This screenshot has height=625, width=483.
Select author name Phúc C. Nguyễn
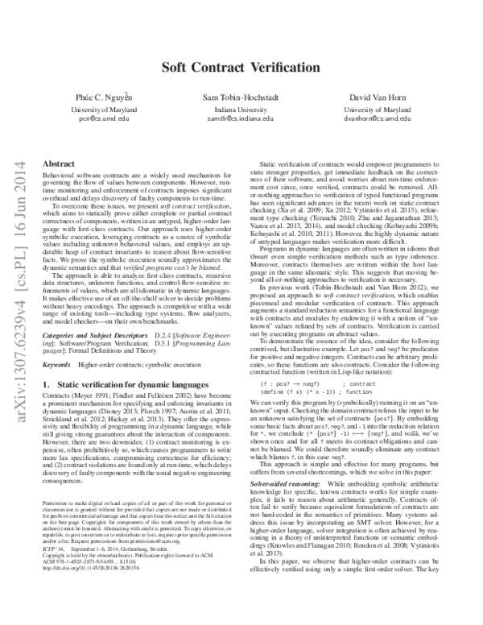click(x=109, y=97)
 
